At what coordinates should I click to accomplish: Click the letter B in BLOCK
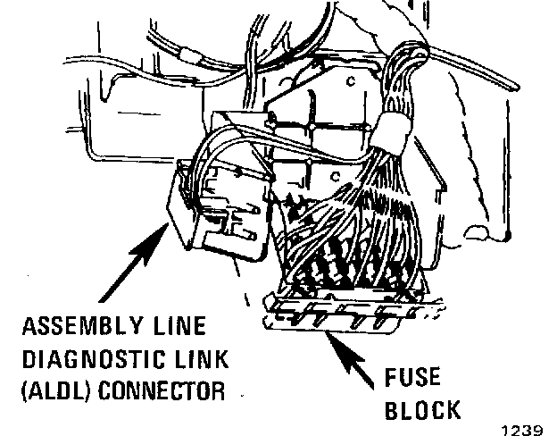395,410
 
